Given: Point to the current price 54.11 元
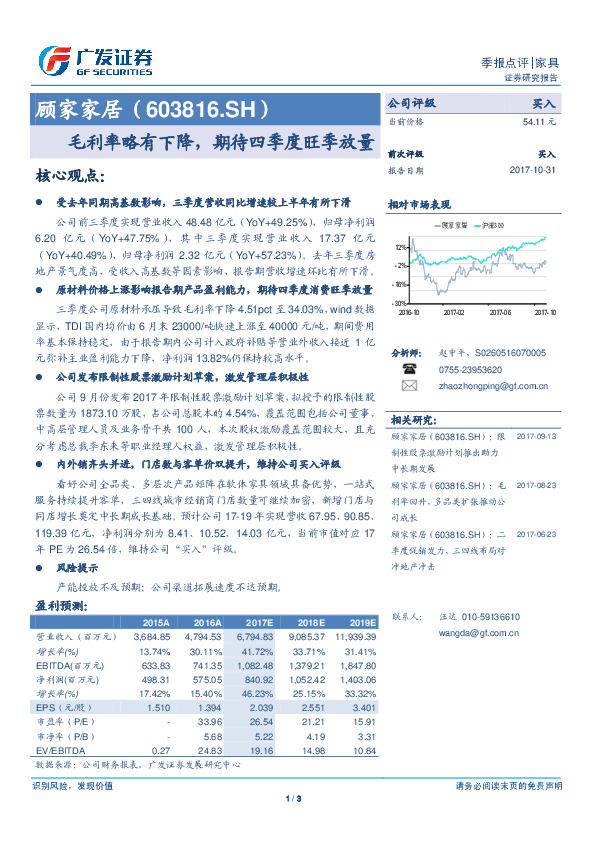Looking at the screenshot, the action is pos(539,121).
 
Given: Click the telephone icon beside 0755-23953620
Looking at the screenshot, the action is pos(408,367).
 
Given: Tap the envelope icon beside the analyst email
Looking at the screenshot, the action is pos(408,384).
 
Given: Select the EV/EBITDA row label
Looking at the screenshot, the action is pos(56,749).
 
